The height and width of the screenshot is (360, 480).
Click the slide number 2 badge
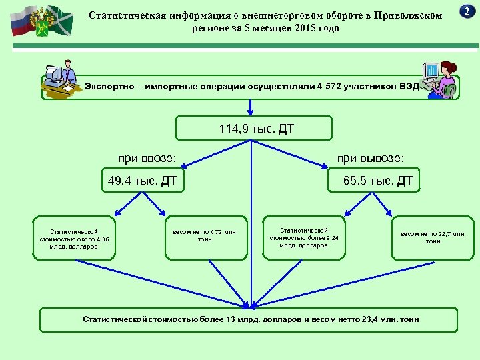click(467, 11)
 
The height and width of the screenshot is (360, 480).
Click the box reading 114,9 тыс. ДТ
click(253, 128)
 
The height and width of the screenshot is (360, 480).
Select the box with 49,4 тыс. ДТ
click(142, 180)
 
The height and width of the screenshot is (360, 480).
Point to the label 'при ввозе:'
click(147, 158)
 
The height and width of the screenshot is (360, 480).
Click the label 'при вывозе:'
click(371, 158)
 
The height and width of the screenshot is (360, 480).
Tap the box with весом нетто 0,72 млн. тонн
click(205, 236)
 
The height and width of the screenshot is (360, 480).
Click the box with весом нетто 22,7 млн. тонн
click(433, 237)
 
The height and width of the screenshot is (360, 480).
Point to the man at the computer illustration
click(62, 81)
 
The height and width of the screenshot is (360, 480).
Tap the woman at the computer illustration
click(440, 80)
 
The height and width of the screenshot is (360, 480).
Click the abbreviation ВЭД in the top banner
click(408, 87)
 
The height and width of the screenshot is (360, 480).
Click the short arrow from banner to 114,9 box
click(251, 107)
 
